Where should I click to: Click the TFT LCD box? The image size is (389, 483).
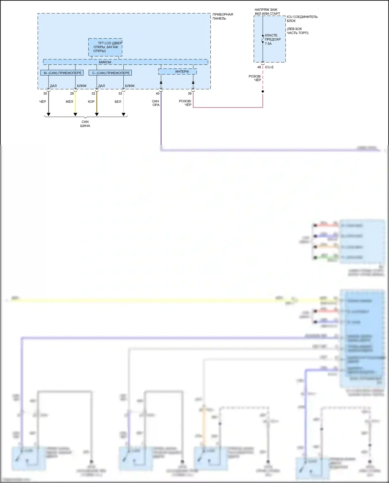105,47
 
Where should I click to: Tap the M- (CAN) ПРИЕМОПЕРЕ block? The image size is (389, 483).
62,73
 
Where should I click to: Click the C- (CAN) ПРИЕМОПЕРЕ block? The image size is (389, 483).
110,73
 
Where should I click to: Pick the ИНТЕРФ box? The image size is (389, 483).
177,71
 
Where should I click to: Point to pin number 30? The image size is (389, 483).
45,93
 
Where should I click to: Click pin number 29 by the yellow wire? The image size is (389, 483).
72,93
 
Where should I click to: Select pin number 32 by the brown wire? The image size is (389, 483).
93,93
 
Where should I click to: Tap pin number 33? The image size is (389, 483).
120,93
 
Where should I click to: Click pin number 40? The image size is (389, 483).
157,93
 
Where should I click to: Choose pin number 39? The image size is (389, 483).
190,93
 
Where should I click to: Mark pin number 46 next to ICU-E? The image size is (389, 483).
259,67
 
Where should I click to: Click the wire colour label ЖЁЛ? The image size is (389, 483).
69,102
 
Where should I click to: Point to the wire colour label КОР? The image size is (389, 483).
91,102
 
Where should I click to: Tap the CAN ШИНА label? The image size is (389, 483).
85,124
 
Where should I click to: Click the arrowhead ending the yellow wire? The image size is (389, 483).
75,114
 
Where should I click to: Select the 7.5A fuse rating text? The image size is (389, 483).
268,44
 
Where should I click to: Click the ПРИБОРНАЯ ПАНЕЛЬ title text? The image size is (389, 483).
223,16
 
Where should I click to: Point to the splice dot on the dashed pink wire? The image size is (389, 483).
263,91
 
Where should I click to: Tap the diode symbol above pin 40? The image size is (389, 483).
161,83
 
